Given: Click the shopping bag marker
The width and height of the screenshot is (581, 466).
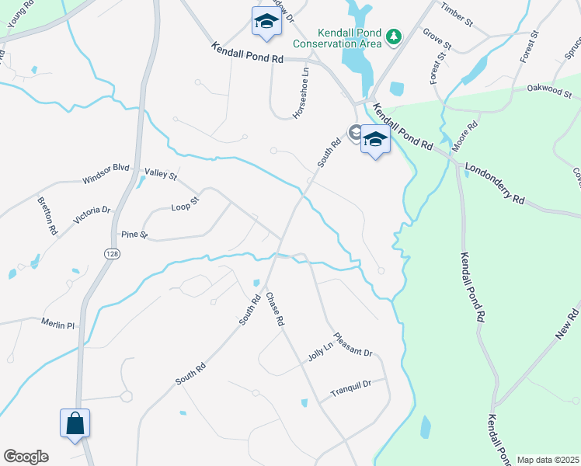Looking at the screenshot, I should click(x=75, y=424).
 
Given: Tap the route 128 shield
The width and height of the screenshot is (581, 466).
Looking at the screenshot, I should click(x=112, y=254).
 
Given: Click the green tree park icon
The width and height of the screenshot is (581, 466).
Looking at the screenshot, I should click(x=395, y=36).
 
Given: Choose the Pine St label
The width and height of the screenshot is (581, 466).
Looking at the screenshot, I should click(x=134, y=234).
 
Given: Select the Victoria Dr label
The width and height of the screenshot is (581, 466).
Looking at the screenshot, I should click(x=92, y=215).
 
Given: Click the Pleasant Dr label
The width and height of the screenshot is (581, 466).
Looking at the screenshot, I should click(x=353, y=345).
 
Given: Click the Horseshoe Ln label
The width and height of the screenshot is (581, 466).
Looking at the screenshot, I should click(x=301, y=92).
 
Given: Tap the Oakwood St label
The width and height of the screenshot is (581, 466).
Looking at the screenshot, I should click(x=549, y=92).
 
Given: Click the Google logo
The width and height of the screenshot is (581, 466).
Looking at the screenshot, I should click(x=26, y=457).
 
